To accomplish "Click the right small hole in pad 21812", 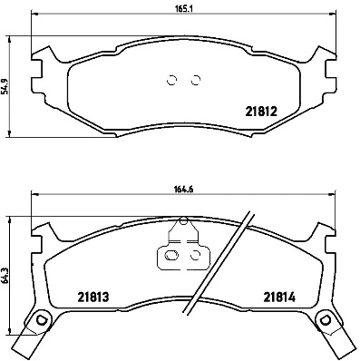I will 195,79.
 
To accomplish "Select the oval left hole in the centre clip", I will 169,257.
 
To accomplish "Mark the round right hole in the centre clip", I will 194,257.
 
